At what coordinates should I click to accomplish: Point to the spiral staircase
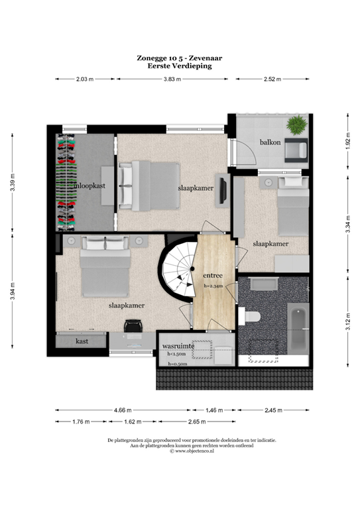[176, 272]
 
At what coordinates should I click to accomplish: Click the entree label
[213, 276]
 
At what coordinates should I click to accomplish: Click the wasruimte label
[178, 346]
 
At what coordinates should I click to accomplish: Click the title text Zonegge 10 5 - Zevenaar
[180, 58]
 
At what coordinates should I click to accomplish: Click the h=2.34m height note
[214, 286]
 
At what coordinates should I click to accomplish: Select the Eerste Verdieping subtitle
[180, 66]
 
